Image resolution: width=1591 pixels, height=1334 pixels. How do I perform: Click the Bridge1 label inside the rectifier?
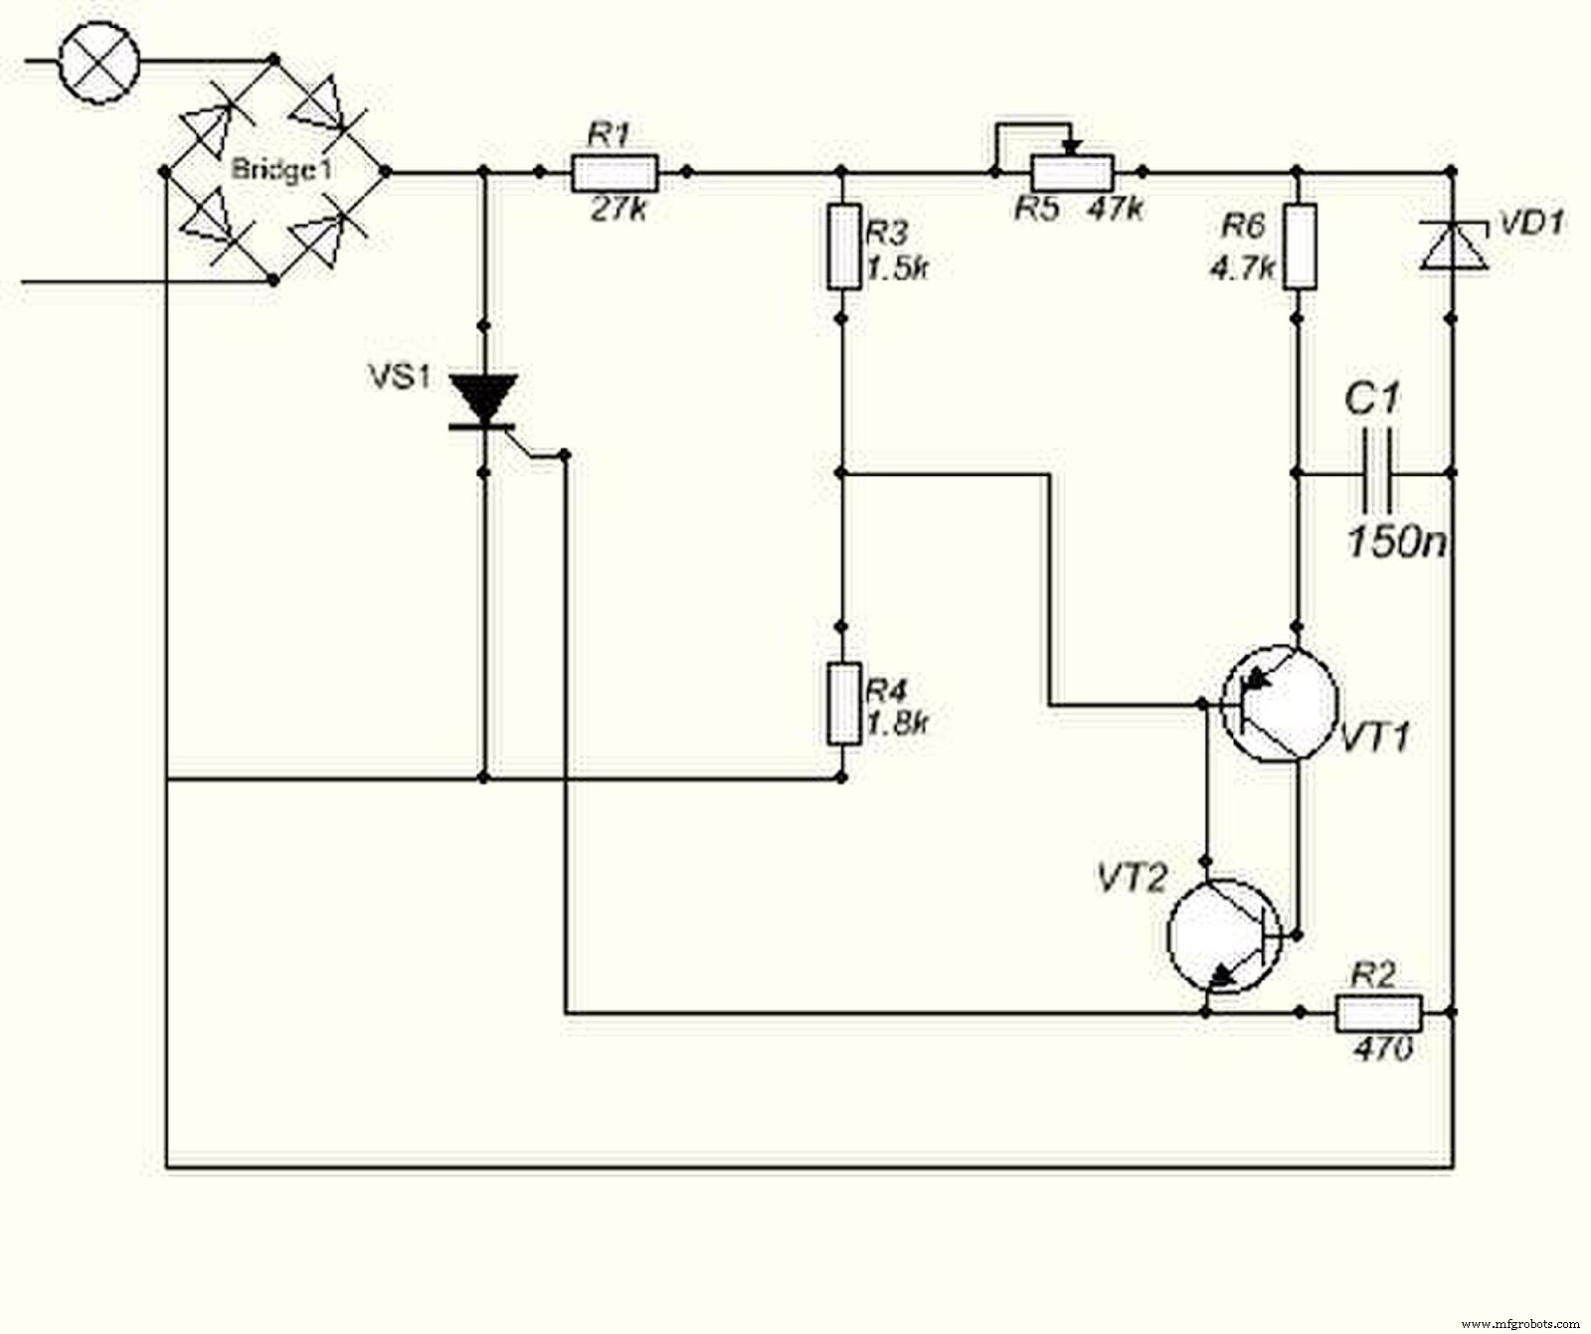[x=281, y=169]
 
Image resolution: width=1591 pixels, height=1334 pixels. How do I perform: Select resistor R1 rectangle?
[x=615, y=173]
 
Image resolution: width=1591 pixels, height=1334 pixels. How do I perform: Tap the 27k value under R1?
[x=618, y=210]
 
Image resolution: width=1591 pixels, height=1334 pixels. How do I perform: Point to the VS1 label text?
[x=400, y=377]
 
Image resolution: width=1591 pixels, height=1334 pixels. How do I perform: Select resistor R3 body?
[x=843, y=247]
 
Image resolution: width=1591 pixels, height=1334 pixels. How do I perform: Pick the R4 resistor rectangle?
[x=843, y=704]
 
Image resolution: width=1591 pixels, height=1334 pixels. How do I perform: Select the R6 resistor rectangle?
[x=1299, y=247]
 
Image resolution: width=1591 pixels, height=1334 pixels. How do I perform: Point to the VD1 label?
[x=1530, y=223]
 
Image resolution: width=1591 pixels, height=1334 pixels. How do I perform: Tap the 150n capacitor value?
[x=1396, y=542]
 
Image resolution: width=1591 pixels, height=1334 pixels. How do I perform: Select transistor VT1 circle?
[x=1279, y=704]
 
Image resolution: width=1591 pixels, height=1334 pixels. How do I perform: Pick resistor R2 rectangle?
[x=1377, y=1013]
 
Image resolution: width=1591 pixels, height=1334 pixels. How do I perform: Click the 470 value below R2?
[x=1382, y=1048]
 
